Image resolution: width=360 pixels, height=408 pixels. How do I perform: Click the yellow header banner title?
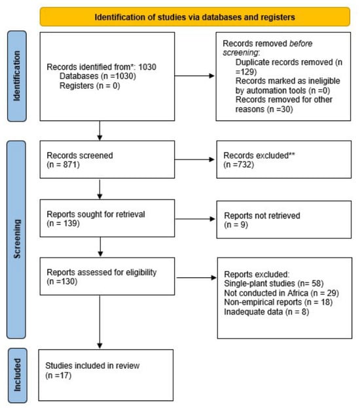point(194,17)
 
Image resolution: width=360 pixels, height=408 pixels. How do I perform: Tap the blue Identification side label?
point(16,76)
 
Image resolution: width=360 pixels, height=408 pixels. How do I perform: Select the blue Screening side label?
point(16,239)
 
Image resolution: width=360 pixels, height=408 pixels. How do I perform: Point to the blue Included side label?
point(17,375)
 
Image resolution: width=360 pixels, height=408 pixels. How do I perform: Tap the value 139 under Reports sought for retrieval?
point(70,223)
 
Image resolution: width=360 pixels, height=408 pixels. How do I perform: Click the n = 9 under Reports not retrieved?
point(236,224)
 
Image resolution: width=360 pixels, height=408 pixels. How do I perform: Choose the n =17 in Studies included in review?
point(58,375)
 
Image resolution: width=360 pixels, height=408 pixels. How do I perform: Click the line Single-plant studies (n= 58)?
point(274,283)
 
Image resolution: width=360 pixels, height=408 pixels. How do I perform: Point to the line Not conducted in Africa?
point(281,293)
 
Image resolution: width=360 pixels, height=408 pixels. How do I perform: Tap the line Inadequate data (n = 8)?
point(266,311)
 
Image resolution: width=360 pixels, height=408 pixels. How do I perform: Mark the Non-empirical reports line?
point(278,302)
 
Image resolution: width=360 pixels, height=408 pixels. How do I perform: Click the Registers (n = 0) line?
point(90,86)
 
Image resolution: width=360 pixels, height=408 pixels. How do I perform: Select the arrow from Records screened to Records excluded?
point(194,160)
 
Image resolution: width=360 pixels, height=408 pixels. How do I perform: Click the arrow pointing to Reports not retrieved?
point(195,219)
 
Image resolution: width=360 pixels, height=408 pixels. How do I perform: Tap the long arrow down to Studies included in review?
point(99,322)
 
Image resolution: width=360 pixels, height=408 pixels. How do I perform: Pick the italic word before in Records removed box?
point(301,43)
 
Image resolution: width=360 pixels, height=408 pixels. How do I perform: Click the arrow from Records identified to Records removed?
point(194,76)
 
